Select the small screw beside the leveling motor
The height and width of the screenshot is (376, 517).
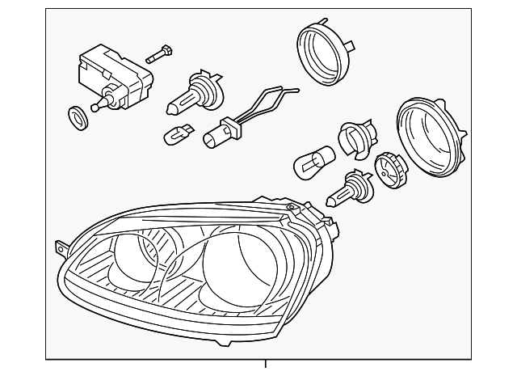point(160,55)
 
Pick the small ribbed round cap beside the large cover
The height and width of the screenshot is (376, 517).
point(389,170)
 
